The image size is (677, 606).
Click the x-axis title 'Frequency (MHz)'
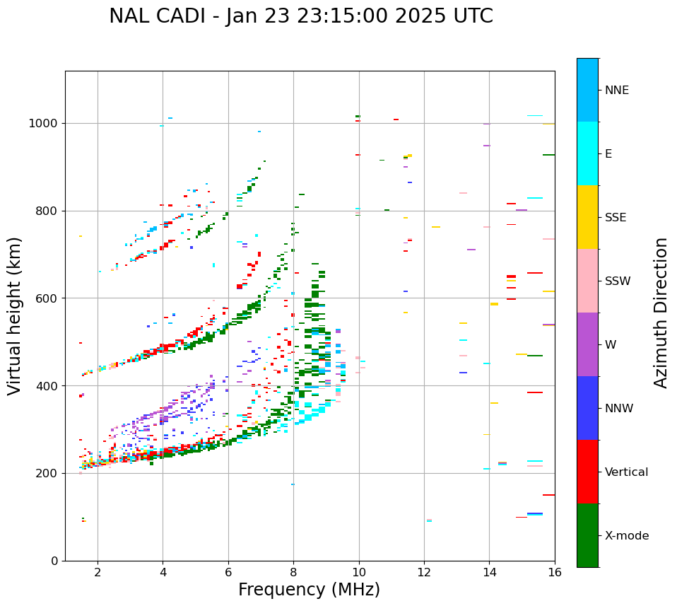click(309, 590)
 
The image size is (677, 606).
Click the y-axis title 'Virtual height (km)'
click(15, 315)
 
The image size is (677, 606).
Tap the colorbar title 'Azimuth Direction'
click(661, 312)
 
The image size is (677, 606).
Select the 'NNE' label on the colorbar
click(616, 91)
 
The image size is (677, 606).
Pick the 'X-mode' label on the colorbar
click(626, 536)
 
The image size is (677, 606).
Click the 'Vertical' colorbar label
click(626, 472)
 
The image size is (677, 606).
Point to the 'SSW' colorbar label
click(618, 281)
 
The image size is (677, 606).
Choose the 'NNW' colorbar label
click(619, 409)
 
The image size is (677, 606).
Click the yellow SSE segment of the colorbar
click(587, 217)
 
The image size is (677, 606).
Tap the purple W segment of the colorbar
click(587, 344)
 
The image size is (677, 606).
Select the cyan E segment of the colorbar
click(587, 153)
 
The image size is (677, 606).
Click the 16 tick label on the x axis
click(554, 572)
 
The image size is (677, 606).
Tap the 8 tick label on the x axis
click(293, 572)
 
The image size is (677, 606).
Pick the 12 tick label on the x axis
click(424, 572)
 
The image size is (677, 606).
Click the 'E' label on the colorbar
click(609, 154)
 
